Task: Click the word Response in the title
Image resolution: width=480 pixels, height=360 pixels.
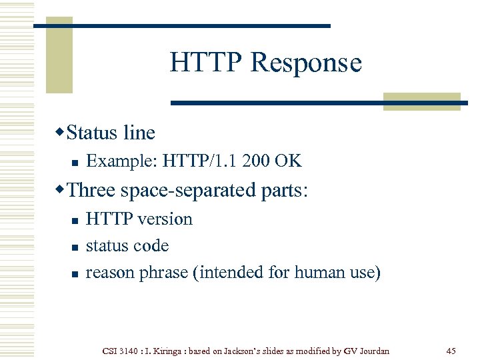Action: point(306,63)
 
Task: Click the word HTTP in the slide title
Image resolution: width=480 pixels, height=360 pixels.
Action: point(207,63)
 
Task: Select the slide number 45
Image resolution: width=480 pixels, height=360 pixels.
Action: point(451,351)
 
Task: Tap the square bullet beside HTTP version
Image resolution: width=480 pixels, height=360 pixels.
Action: point(75,220)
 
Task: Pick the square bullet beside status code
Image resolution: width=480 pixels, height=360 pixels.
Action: point(75,247)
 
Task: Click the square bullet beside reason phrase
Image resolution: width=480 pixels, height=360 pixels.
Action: point(75,273)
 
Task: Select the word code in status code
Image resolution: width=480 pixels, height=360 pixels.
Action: point(152,246)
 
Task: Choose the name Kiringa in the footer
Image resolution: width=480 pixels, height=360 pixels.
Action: point(168,351)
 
